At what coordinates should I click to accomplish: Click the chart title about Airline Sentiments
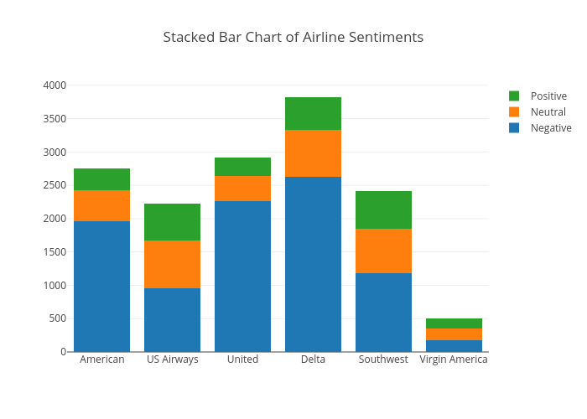(293, 37)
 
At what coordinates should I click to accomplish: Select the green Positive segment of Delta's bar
(313, 113)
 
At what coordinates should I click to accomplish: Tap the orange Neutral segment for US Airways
(172, 264)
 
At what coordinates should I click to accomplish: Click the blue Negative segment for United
(242, 276)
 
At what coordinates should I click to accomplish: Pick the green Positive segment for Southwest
(383, 209)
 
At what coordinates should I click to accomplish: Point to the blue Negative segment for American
(101, 286)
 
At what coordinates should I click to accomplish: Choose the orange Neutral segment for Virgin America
(454, 334)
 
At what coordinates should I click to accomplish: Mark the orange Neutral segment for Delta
(313, 153)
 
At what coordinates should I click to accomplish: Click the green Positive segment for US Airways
(172, 222)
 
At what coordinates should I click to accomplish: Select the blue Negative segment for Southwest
(383, 312)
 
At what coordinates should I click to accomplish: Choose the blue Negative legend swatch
(514, 128)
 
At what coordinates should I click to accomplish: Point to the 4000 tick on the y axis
(55, 85)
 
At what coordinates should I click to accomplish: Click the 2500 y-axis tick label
(55, 185)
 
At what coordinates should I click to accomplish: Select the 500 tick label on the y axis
(57, 318)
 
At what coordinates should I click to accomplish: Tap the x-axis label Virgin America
(454, 360)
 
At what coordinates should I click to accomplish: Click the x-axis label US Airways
(172, 360)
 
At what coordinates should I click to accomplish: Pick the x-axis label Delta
(313, 360)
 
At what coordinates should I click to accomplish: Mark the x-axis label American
(101, 360)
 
